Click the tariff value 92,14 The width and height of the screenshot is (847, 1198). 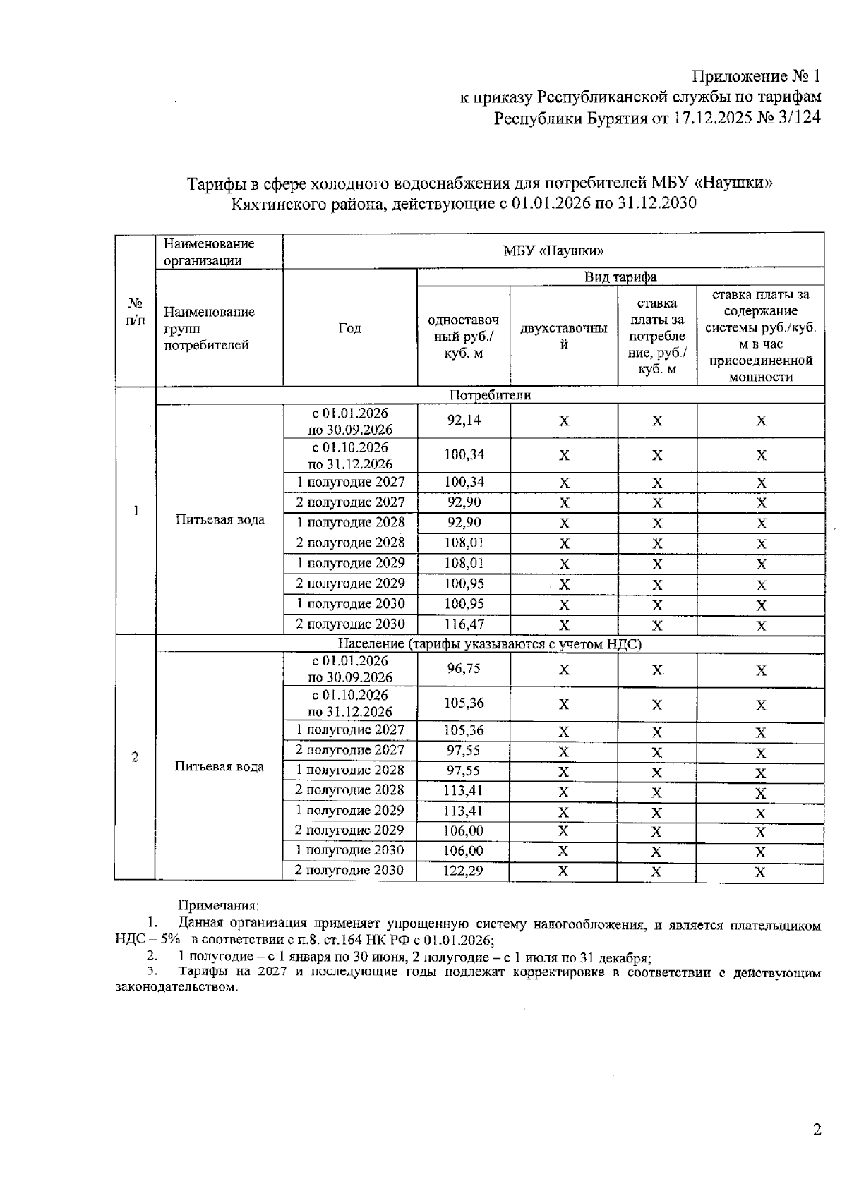[x=463, y=420]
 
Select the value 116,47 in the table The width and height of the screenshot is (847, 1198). [x=463, y=624]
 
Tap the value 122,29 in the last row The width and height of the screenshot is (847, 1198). [x=463, y=871]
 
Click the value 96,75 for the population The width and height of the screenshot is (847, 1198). [x=463, y=669]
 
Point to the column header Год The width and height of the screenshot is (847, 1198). [x=349, y=328]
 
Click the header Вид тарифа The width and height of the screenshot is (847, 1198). [x=620, y=277]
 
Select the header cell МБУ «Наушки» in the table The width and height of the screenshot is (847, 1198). [x=553, y=251]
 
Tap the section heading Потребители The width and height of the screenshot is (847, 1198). [x=490, y=396]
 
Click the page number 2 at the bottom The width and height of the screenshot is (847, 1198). [x=817, y=1130]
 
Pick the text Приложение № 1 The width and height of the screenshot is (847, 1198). [x=756, y=76]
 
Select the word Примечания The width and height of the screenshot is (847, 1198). [x=219, y=905]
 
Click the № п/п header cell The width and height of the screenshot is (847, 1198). [x=135, y=311]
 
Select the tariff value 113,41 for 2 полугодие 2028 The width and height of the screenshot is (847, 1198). [x=463, y=790]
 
